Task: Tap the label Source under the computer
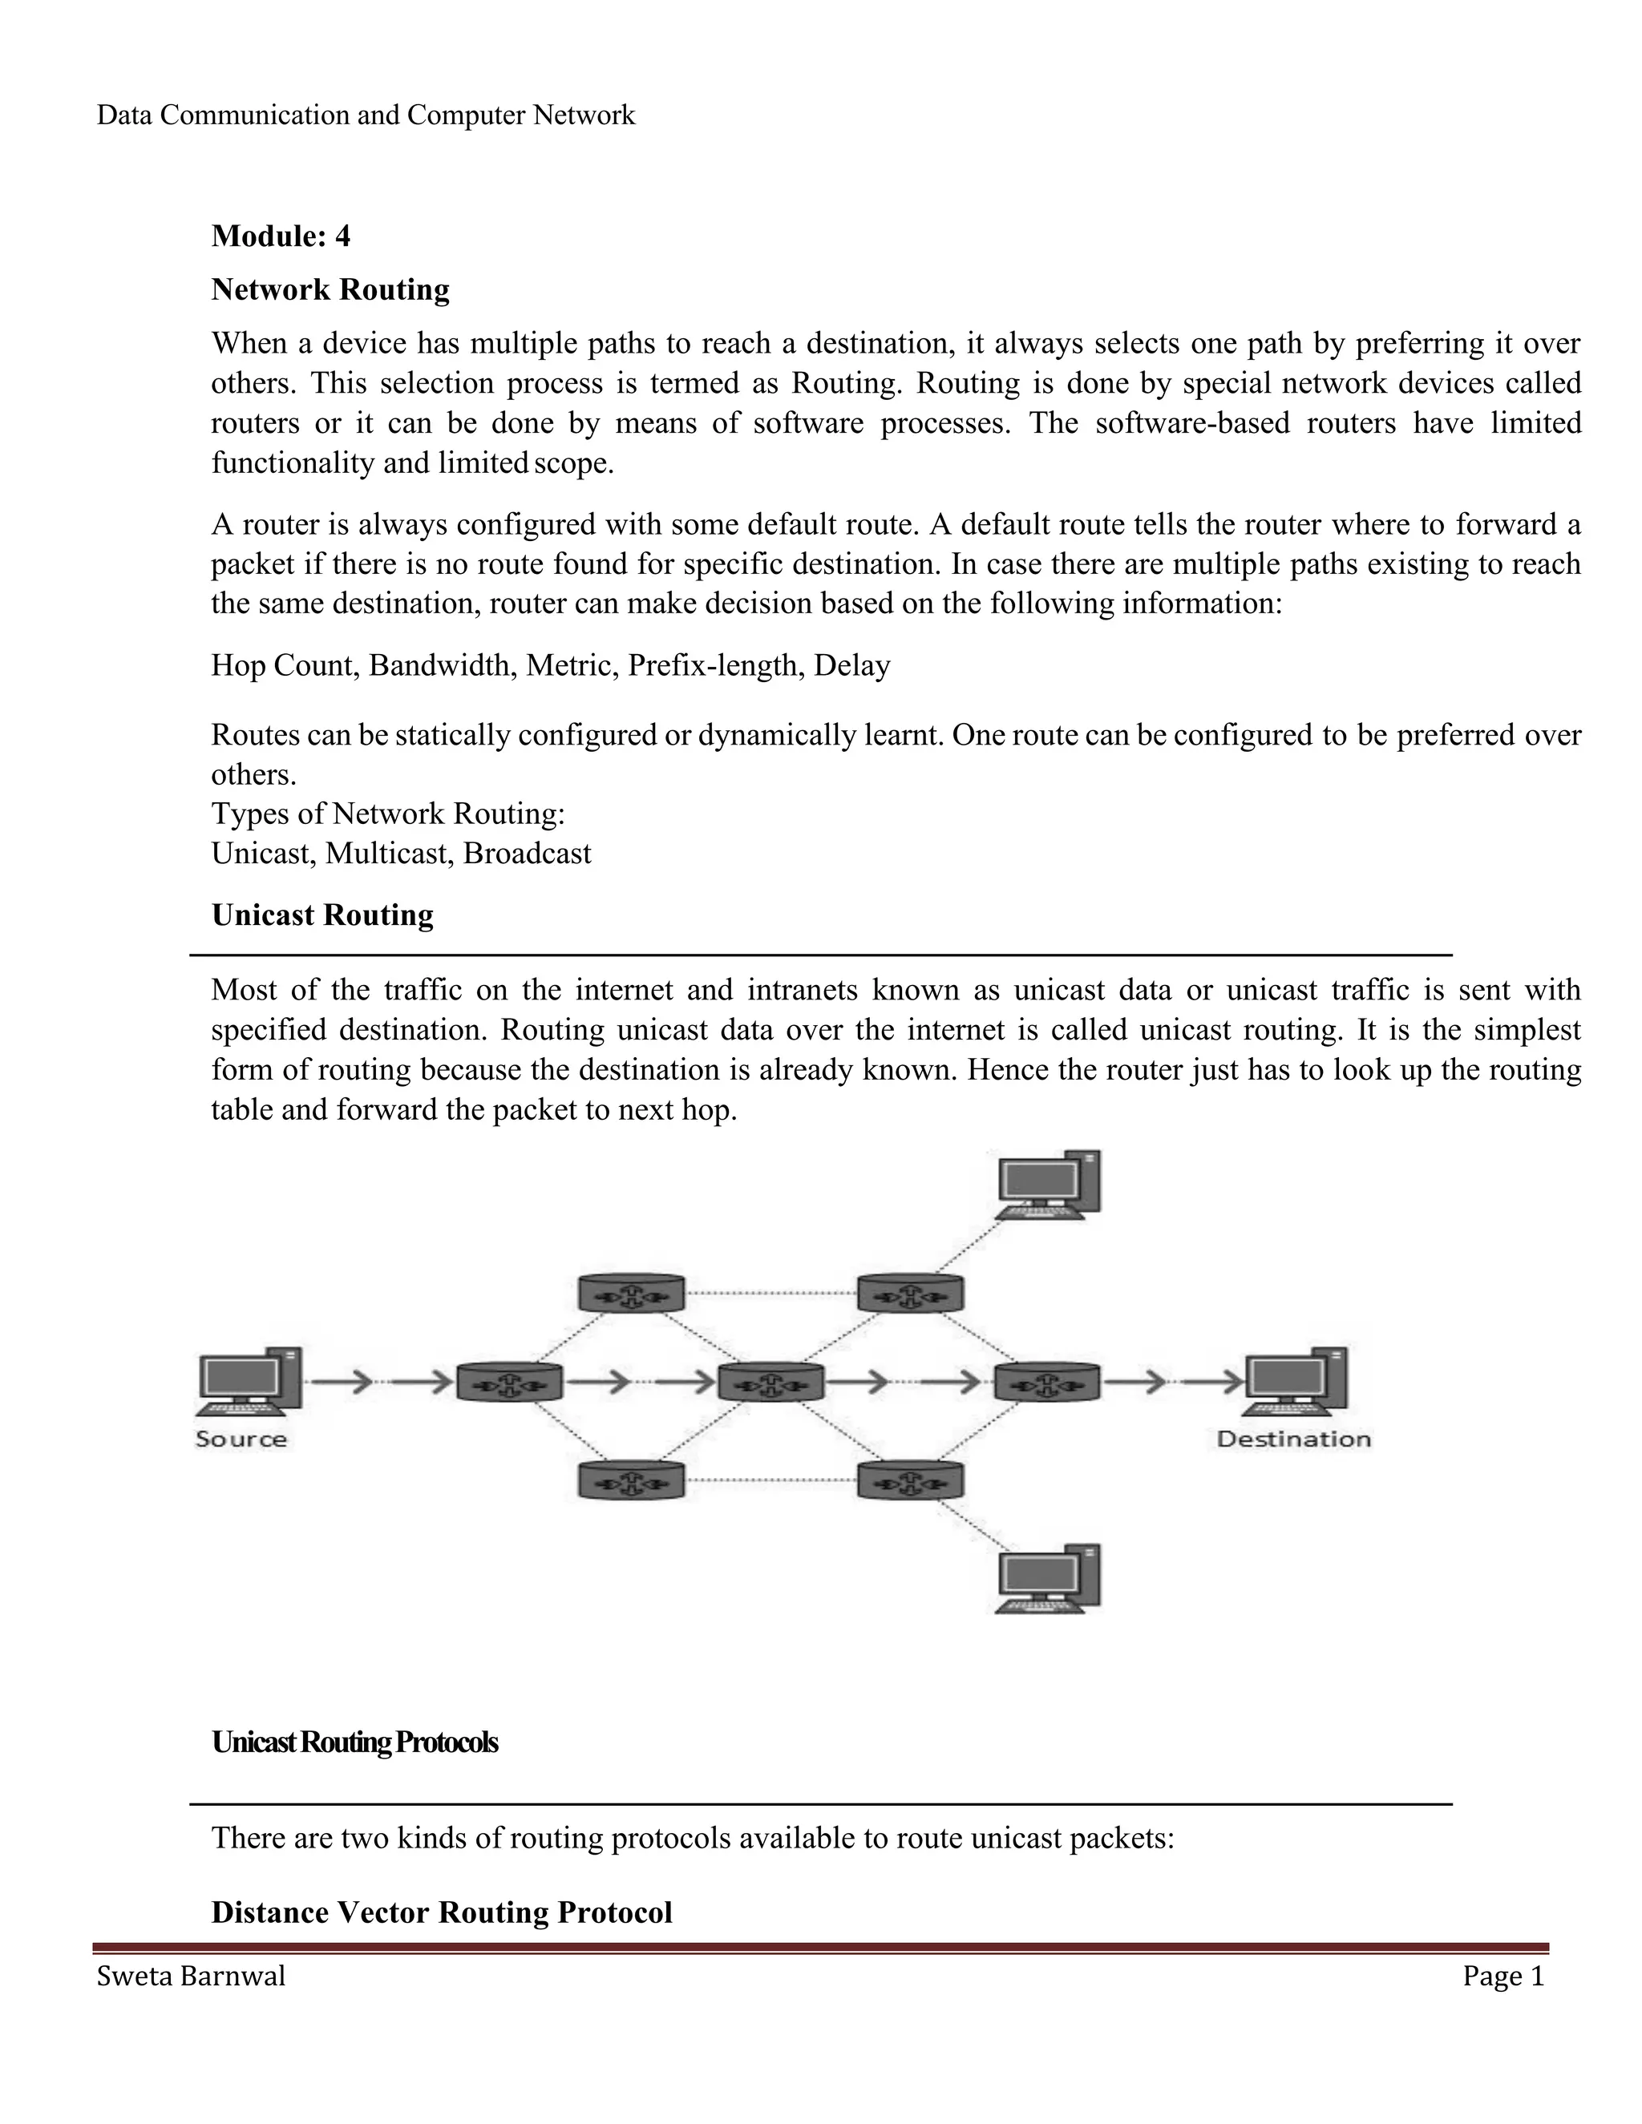pyautogui.click(x=241, y=1440)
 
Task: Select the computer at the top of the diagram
pyautogui.click(x=1049, y=1185)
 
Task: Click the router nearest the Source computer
pyautogui.click(x=509, y=1381)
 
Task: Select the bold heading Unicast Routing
pyautogui.click(x=323, y=915)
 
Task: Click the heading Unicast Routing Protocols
pyautogui.click(x=355, y=1742)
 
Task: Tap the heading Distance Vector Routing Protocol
pyautogui.click(x=442, y=1913)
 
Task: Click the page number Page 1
pyautogui.click(x=1503, y=1977)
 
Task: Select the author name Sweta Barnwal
pyautogui.click(x=192, y=1977)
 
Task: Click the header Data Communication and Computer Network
pyautogui.click(x=366, y=115)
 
